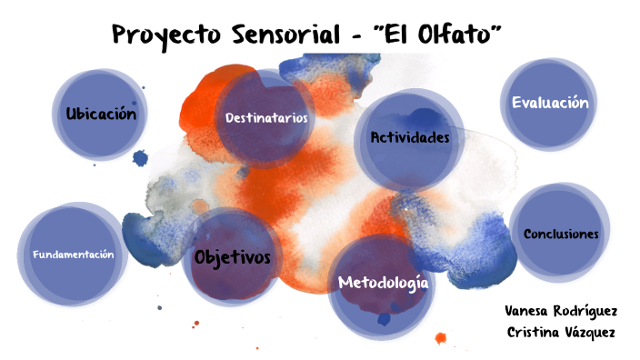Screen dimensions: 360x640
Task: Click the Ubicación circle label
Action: (x=101, y=115)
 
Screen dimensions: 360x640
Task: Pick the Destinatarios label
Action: (x=266, y=118)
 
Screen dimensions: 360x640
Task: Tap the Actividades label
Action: (x=410, y=137)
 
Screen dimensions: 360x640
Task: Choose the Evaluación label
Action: (x=550, y=103)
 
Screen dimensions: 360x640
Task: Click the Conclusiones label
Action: (x=561, y=234)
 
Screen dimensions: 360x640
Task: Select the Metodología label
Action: (x=383, y=283)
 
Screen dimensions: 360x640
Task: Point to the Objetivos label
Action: (x=233, y=257)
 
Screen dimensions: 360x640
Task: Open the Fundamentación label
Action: (x=74, y=255)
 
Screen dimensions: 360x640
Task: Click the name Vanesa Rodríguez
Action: (x=560, y=310)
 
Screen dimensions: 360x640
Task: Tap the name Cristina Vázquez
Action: (x=561, y=332)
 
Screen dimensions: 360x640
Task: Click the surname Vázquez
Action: (x=590, y=332)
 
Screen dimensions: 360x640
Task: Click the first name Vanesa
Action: (x=526, y=310)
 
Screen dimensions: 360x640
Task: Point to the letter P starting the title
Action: (x=121, y=35)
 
